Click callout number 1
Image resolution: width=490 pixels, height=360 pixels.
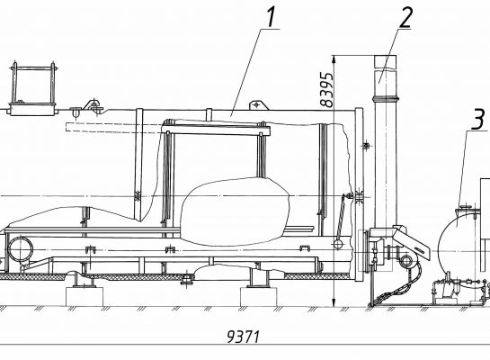pyautogui.click(x=271, y=17)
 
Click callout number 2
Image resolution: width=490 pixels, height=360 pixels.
pyautogui.click(x=405, y=17)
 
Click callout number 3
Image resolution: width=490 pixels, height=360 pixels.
pyautogui.click(x=477, y=119)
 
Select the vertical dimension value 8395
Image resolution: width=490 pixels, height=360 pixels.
pyautogui.click(x=327, y=90)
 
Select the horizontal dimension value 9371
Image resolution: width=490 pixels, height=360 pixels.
pyautogui.click(x=243, y=337)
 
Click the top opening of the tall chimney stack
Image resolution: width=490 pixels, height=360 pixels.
pyautogui.click(x=386, y=56)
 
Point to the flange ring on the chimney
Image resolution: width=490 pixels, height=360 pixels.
pyautogui.click(x=386, y=99)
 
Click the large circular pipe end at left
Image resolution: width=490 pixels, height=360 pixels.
pyautogui.click(x=21, y=249)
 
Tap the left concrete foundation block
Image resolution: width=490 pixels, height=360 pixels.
pyautogui.click(x=85, y=296)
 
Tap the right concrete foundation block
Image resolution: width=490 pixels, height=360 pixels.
pyautogui.click(x=258, y=296)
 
